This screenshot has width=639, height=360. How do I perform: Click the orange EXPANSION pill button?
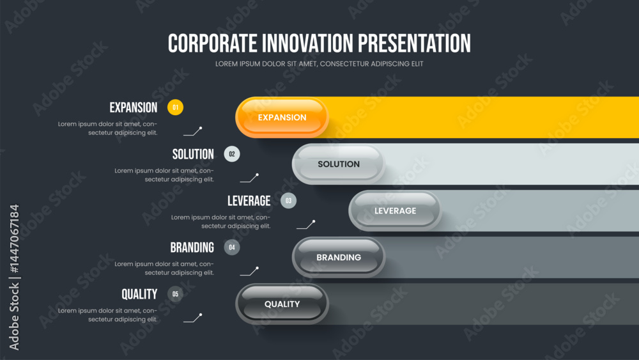tap(282, 118)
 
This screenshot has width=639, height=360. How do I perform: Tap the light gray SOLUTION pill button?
tap(339, 164)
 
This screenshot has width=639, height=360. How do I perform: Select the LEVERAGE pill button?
tap(396, 211)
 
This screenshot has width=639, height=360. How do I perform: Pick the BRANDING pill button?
tap(339, 257)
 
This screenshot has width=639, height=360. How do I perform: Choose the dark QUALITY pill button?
tap(282, 304)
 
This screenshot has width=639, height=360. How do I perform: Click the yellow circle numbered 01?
tap(175, 107)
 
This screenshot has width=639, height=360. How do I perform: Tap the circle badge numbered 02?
tap(232, 154)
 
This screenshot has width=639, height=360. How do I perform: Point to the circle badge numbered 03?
tap(289, 201)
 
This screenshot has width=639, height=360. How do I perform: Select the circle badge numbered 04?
tap(232, 247)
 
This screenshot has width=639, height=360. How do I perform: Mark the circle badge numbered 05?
tap(175, 294)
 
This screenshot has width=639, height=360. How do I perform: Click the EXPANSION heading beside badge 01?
tap(134, 107)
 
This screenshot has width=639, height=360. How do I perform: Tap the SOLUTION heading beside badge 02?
tap(193, 154)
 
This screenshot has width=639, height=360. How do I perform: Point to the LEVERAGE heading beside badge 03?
tap(249, 201)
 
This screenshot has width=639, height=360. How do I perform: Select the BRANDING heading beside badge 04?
tap(192, 247)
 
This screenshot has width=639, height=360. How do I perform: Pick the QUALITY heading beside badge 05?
tap(139, 294)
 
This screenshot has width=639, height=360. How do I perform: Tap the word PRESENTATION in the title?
tap(415, 43)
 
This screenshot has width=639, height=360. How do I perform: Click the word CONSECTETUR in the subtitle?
tap(344, 64)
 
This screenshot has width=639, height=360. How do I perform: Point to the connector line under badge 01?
tap(193, 132)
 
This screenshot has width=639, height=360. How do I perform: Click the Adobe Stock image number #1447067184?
tap(14, 239)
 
